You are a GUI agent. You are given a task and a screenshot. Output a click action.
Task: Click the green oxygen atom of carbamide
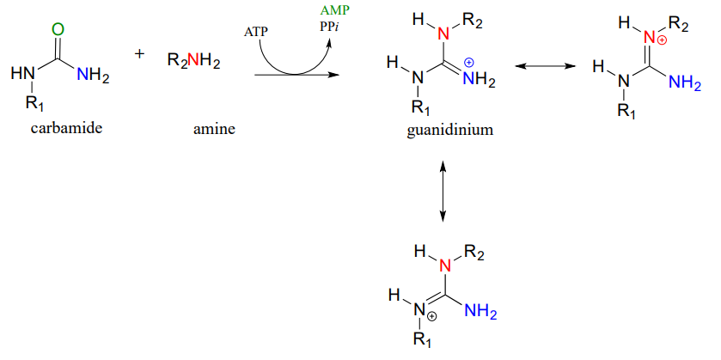tap(58, 30)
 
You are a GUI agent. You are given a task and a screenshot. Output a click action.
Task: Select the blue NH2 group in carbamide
tap(93, 76)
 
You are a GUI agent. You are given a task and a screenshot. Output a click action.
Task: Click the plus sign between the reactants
tap(140, 54)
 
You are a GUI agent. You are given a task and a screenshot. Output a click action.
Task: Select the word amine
tap(214, 129)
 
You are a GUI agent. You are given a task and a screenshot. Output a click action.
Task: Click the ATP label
tap(257, 32)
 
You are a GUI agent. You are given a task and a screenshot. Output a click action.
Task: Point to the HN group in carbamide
tap(22, 76)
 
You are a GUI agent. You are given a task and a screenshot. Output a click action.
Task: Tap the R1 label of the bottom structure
tap(421, 340)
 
